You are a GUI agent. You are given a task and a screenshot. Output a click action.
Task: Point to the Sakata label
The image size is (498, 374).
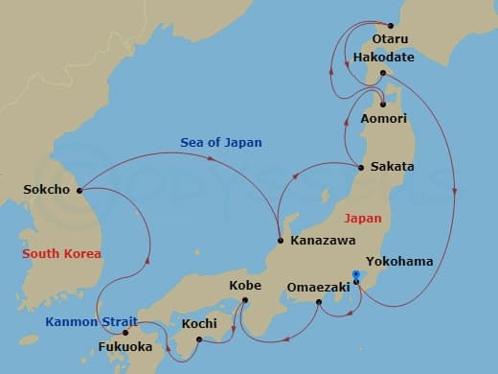tap(393, 167)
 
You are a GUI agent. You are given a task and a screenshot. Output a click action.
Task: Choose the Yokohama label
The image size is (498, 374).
tap(398, 261)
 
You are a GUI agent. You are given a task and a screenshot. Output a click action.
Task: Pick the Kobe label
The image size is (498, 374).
tap(245, 286)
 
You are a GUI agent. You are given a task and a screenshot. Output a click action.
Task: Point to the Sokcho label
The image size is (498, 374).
tap(47, 189)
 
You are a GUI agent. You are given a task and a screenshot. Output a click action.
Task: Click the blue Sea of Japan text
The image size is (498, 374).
tap(221, 143)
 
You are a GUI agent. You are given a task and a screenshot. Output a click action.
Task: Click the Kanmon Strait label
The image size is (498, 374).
tap(91, 321)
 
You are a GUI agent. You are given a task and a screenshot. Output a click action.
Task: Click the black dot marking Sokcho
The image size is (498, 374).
tap(79, 188)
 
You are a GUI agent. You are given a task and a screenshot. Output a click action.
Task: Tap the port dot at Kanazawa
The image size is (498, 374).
tap(279, 240)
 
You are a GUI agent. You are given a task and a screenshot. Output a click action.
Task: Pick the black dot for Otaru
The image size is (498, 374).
tap(390, 26)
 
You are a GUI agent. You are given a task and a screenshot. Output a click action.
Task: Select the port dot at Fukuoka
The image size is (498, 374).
tap(124, 333)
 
